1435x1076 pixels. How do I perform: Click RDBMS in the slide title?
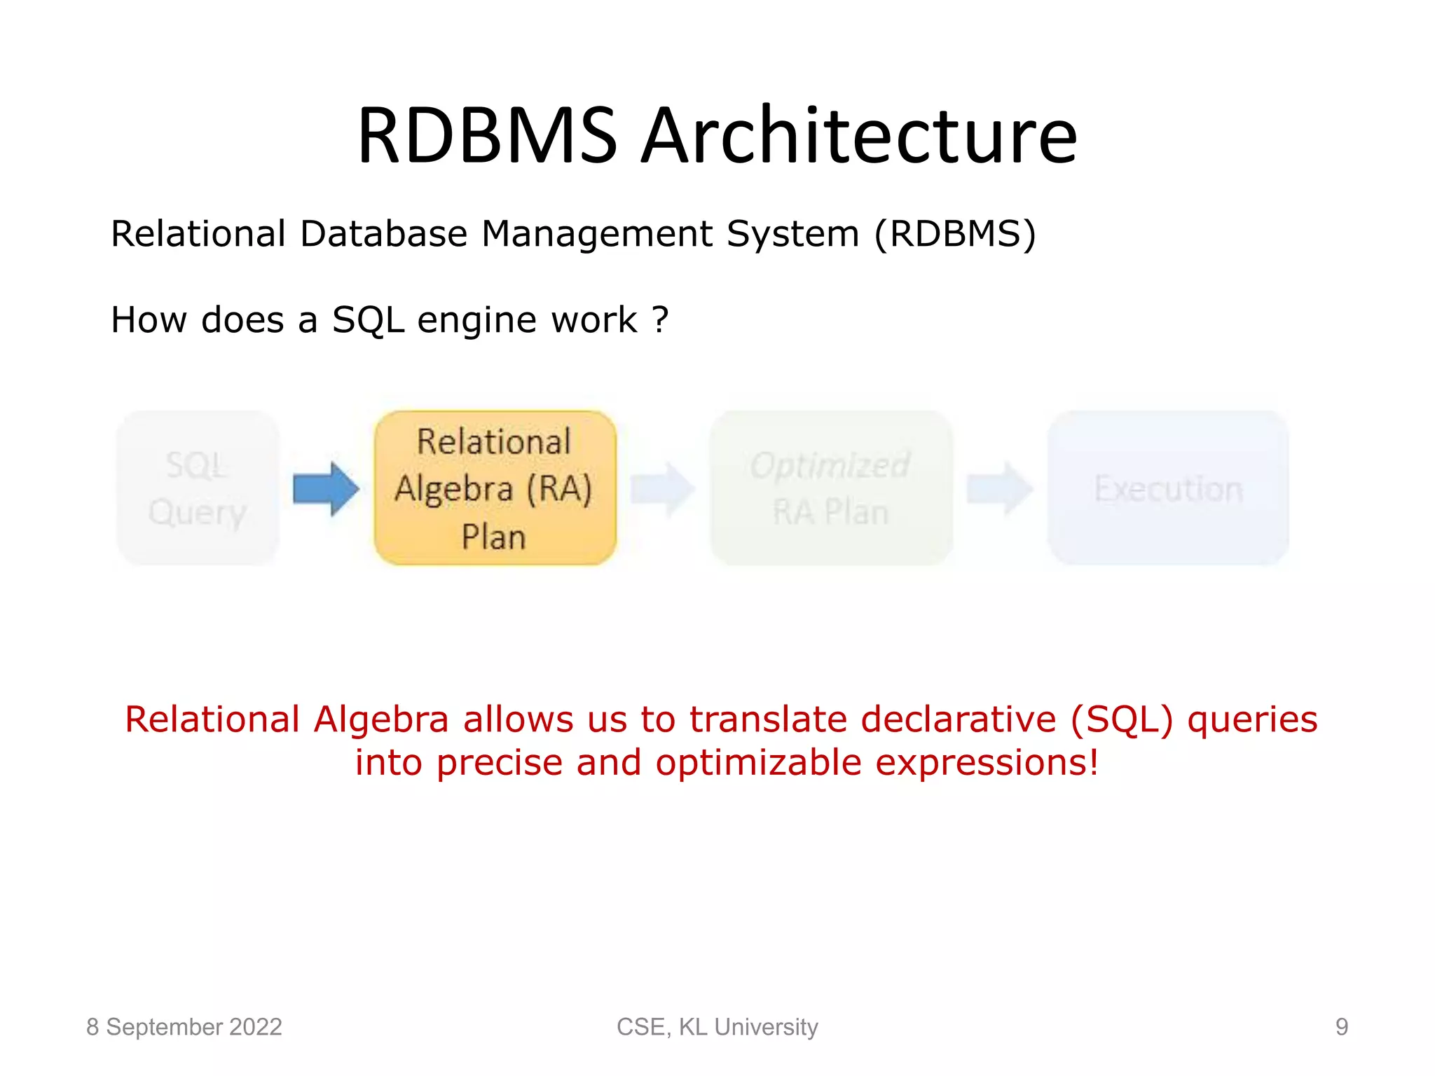[487, 137]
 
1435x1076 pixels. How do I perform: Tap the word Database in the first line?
[383, 234]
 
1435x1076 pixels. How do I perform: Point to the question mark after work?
[660, 320]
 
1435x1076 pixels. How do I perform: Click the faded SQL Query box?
[198, 488]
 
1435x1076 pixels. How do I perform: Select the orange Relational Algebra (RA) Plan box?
[495, 488]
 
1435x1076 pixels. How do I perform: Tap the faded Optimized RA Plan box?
[831, 488]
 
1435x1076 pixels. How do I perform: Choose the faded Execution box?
[1168, 488]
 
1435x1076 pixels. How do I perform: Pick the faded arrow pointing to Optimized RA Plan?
[662, 489]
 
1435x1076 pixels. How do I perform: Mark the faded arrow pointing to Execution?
[999, 489]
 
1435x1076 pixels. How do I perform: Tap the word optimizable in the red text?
[758, 763]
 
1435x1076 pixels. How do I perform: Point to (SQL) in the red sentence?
[1121, 720]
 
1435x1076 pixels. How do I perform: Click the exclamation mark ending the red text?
[1093, 762]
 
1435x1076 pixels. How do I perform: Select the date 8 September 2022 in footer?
[184, 1027]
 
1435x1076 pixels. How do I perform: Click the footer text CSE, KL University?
[717, 1027]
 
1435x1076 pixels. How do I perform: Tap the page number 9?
[1341, 1027]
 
